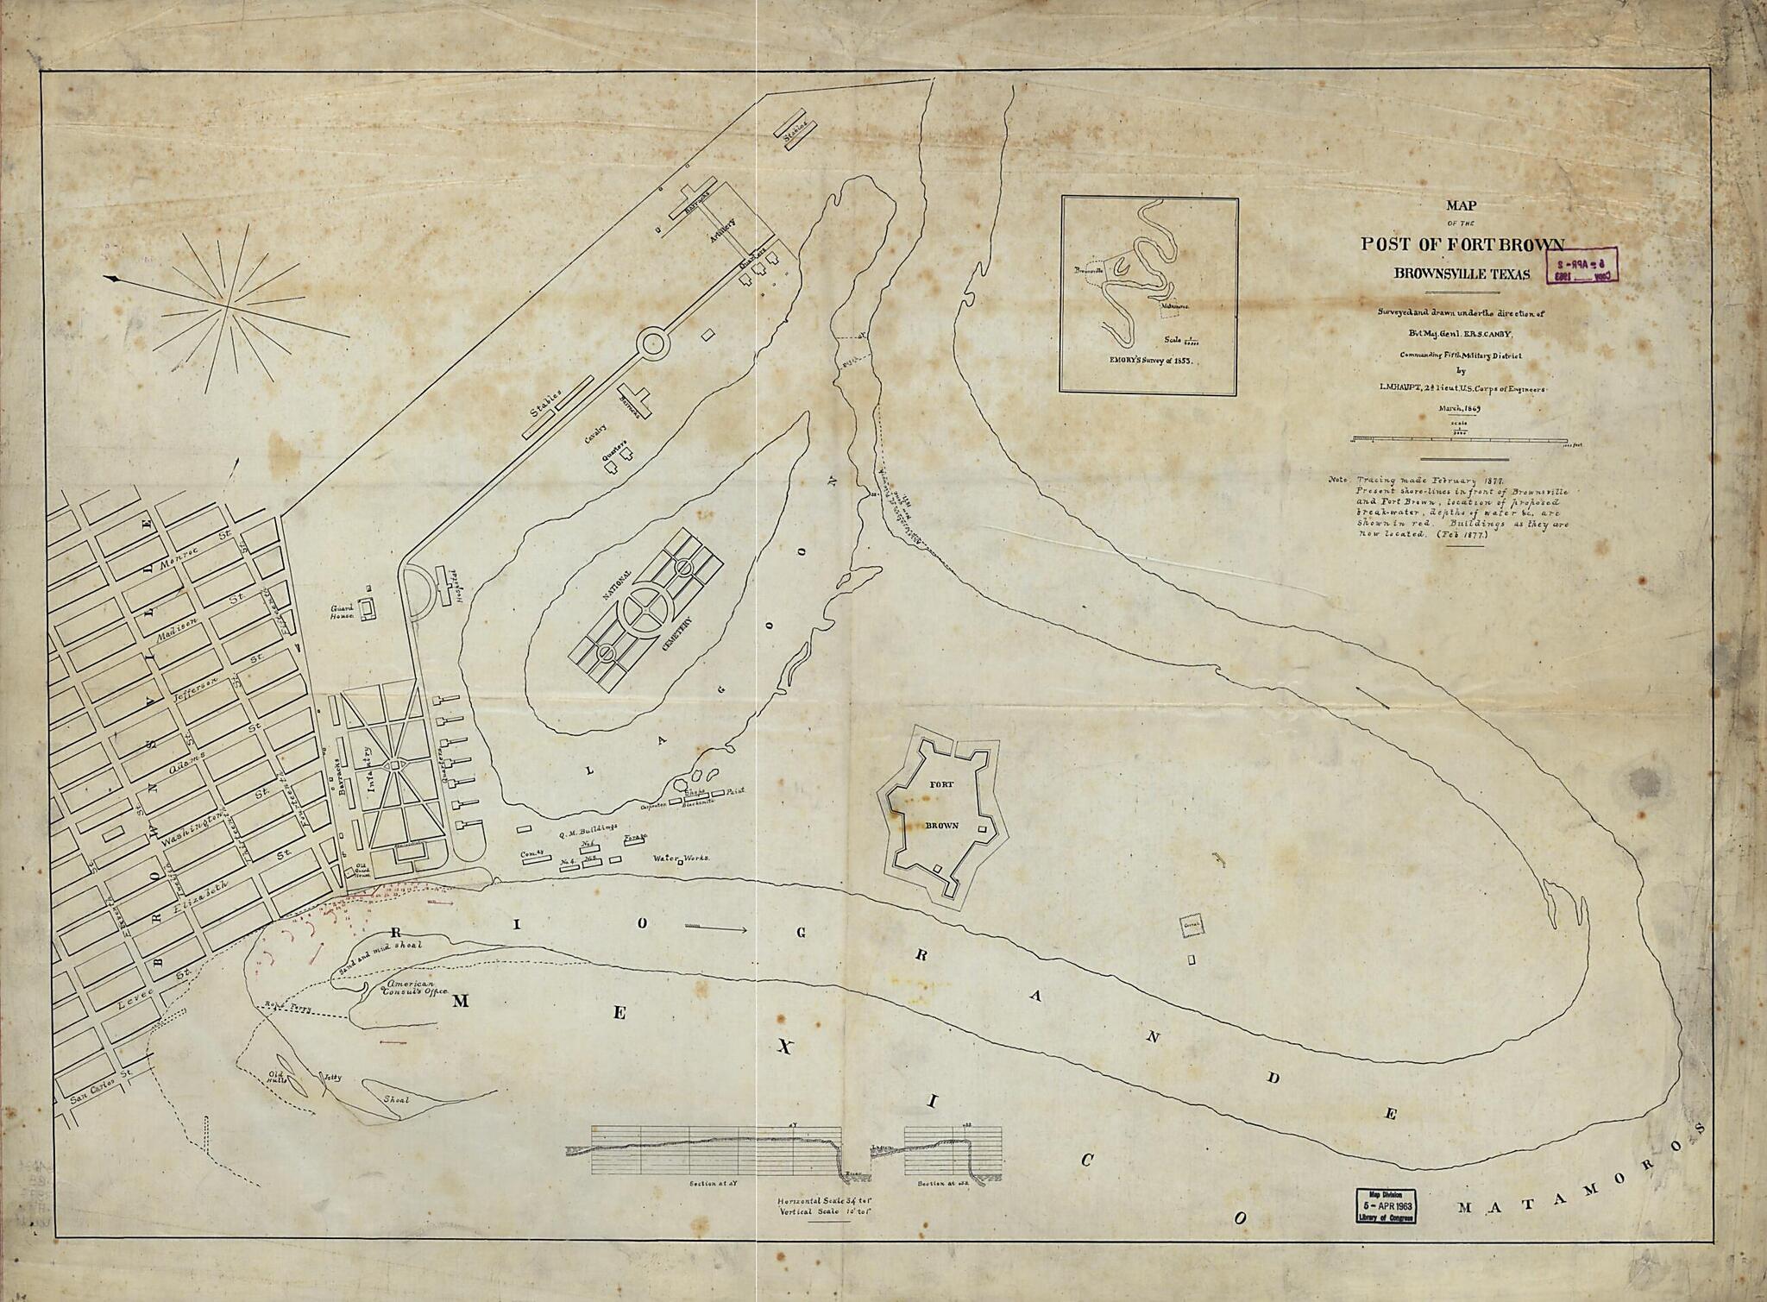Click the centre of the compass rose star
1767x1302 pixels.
coord(229,305)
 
